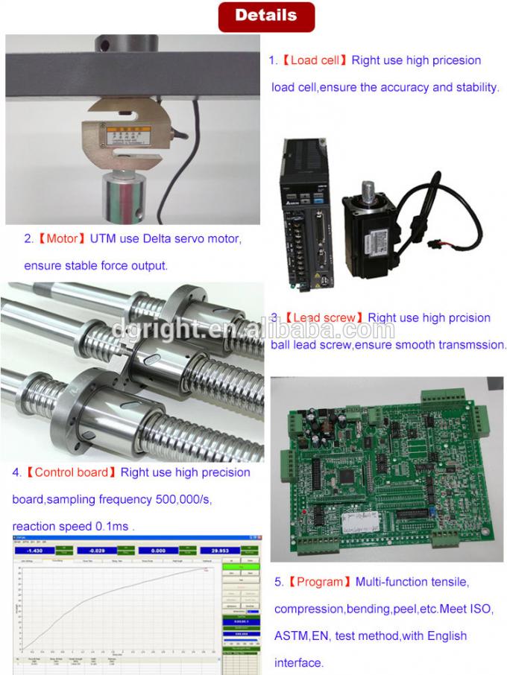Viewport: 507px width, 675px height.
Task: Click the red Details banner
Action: pos(265,16)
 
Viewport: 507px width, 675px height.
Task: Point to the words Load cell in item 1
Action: pos(314,60)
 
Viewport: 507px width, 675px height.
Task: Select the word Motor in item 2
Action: pos(62,239)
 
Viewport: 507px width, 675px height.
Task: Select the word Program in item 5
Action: pos(320,582)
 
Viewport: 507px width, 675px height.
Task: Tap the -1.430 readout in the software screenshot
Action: pos(33,551)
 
